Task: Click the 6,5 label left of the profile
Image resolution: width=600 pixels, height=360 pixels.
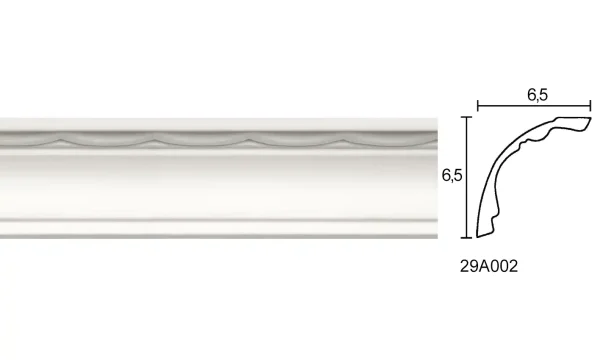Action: point(451,176)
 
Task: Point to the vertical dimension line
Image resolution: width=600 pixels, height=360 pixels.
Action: point(466,178)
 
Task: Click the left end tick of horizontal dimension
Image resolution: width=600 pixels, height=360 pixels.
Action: point(478,104)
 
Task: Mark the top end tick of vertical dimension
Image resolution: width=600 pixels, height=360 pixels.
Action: point(466,116)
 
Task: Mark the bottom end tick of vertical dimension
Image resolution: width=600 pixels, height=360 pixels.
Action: point(466,240)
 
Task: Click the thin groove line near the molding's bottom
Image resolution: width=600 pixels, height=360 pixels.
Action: point(220,216)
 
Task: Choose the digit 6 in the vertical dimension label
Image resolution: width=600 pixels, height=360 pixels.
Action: point(445,176)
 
